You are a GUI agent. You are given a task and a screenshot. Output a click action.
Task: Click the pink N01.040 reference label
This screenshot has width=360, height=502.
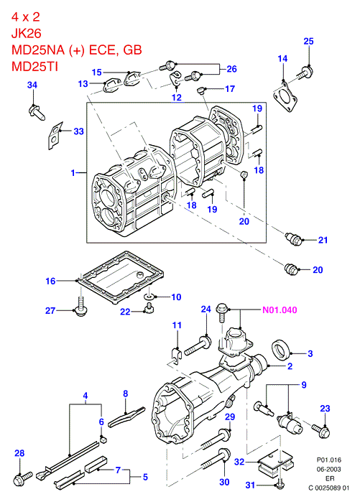coord(280,310)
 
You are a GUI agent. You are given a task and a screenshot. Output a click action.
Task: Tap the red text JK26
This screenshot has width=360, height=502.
coord(27,33)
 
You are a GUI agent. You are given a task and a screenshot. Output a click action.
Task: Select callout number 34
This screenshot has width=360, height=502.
coord(32,85)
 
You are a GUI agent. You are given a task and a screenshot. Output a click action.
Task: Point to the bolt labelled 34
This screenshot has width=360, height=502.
coord(37,112)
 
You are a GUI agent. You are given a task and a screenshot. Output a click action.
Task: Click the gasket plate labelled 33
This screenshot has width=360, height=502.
coord(55,135)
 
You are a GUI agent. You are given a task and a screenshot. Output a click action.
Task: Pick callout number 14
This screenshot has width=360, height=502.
coord(282,59)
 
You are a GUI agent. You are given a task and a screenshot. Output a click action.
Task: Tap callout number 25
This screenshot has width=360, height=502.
coord(308,41)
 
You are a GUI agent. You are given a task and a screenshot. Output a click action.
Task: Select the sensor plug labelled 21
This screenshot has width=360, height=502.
coord(293,239)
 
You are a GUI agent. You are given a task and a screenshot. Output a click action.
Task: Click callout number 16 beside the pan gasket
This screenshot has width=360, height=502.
coord(50,281)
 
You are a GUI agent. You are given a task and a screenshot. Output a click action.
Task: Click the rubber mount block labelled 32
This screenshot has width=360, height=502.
coord(273,461)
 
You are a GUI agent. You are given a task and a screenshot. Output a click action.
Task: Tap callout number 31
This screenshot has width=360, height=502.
coord(250,485)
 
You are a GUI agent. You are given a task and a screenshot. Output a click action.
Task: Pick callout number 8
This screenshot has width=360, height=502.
coord(126,394)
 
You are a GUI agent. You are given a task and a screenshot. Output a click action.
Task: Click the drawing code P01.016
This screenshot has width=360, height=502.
coord(329,460)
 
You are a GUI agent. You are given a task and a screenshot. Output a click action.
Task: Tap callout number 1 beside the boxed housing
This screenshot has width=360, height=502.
coord(73,173)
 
